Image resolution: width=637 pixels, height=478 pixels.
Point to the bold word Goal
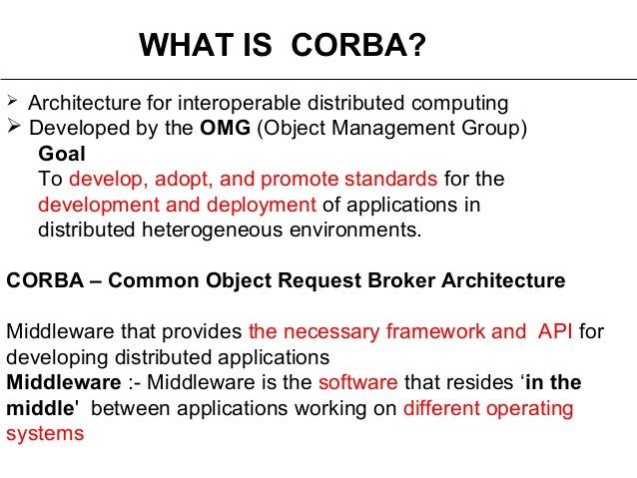pyautogui.click(x=62, y=154)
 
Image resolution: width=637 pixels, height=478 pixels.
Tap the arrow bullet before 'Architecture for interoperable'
pyautogui.click(x=12, y=103)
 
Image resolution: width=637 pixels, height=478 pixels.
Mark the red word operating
pyautogui.click(x=531, y=409)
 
